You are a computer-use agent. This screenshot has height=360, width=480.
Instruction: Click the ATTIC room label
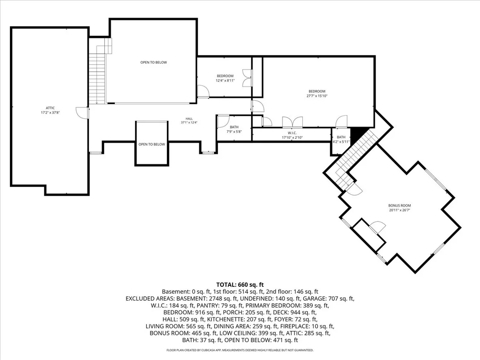50,108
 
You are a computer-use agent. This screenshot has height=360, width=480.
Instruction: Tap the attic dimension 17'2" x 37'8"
50,113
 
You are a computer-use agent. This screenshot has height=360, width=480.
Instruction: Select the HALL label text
189,119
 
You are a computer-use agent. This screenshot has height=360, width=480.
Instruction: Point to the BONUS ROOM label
399,206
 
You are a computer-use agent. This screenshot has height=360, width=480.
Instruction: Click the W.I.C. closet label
292,133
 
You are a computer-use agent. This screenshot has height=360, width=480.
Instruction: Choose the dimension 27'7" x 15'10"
317,96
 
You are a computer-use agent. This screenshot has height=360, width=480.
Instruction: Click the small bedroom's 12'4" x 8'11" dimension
225,81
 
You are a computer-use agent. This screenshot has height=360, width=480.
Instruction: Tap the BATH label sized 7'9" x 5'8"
234,127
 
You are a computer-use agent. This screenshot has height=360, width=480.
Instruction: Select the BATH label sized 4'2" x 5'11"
341,137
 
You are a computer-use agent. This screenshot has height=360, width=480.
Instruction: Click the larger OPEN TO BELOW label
154,62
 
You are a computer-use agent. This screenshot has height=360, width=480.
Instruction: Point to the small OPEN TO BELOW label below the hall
152,144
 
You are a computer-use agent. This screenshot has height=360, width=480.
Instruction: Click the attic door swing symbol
82,112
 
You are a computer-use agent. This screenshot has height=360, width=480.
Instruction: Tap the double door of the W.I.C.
293,122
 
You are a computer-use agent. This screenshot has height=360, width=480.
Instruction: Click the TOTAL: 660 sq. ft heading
240,285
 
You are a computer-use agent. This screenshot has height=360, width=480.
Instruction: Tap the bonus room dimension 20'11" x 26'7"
399,210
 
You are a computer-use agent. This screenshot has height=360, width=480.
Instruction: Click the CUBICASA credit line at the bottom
240,350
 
